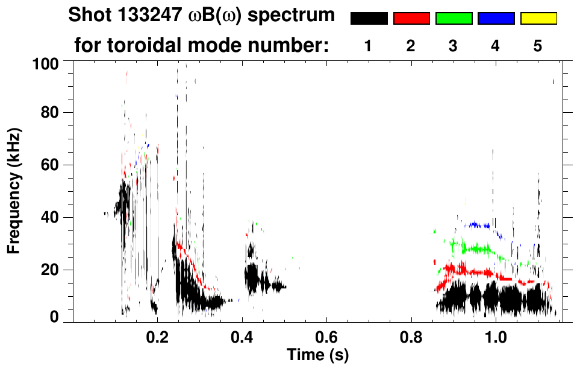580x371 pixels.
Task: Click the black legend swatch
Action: pyautogui.click(x=369, y=19)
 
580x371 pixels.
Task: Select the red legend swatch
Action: pyautogui.click(x=411, y=19)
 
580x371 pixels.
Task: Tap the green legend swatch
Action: pyautogui.click(x=454, y=19)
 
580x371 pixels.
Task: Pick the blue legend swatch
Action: pyautogui.click(x=496, y=19)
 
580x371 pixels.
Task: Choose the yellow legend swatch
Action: pyautogui.click(x=538, y=19)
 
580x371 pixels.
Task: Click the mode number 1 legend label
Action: pyautogui.click(x=368, y=46)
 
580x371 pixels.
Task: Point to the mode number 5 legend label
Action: pyautogui.click(x=538, y=46)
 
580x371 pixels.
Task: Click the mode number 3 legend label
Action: pyautogui.click(x=453, y=46)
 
